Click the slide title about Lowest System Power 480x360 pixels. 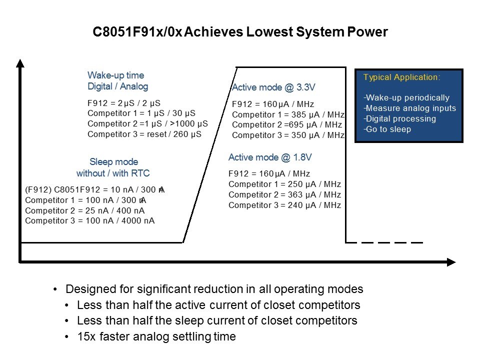tap(240, 32)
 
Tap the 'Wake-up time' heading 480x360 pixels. tap(115, 75)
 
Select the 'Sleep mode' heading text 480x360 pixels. tap(114, 161)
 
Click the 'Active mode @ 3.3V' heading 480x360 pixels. tap(273, 87)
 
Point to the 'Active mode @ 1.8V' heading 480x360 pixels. tap(270, 157)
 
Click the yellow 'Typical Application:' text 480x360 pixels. tap(401, 77)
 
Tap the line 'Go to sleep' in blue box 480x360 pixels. tap(387, 129)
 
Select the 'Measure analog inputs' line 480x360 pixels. tap(409, 108)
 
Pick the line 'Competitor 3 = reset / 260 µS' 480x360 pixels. tap(144, 134)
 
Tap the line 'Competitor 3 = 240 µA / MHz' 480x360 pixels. tap(284, 205)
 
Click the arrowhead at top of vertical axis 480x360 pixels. tap(20, 63)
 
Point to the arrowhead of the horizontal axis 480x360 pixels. tap(451, 262)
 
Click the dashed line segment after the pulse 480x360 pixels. tap(384, 243)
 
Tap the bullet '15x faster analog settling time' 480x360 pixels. tap(156, 336)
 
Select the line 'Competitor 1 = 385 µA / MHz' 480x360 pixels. tap(288, 115)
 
